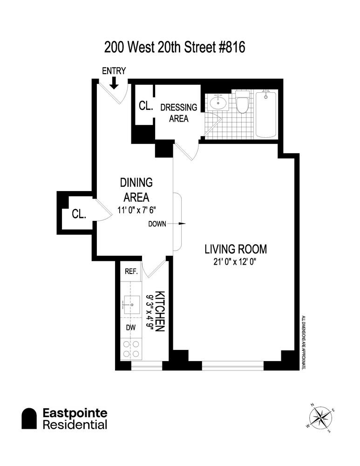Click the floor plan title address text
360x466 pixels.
174,47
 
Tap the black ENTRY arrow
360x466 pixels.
114,82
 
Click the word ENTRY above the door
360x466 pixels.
114,71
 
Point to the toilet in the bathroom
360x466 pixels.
242,103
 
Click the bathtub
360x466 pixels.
266,114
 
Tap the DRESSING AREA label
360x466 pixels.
178,113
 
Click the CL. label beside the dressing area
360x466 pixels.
145,105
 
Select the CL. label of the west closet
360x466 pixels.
79,214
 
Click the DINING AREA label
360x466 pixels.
136,189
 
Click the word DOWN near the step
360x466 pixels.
157,224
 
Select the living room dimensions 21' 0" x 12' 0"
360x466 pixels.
236,262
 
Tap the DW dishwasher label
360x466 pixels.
131,328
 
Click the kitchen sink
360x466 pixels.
131,305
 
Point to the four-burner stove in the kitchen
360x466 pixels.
131,349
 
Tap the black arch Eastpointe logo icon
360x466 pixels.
30,418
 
